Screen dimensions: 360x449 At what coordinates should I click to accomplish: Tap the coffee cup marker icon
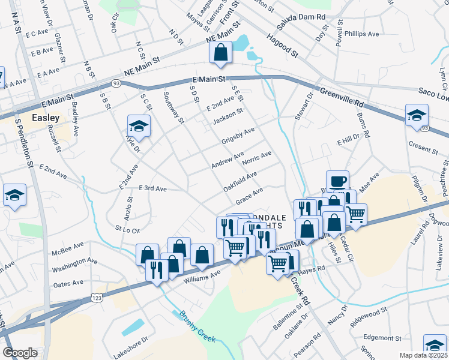[337, 180]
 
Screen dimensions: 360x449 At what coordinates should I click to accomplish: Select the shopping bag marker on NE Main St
[221, 52]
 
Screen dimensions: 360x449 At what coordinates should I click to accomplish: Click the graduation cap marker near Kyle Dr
[138, 125]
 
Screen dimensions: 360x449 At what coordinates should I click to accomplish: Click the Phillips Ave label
[362, 34]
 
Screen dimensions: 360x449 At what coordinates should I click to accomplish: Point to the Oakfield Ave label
[240, 179]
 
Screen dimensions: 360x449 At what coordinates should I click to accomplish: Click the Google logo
[20, 353]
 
